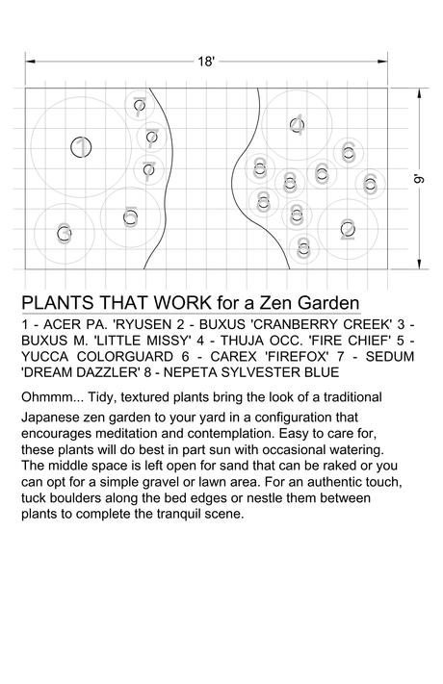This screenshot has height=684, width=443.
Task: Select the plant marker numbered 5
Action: point(131,217)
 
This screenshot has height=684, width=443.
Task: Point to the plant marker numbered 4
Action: point(297,125)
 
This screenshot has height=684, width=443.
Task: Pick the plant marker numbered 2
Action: point(348,229)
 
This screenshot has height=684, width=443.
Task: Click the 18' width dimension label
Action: point(206,62)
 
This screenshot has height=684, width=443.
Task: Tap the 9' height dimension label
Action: point(418,179)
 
